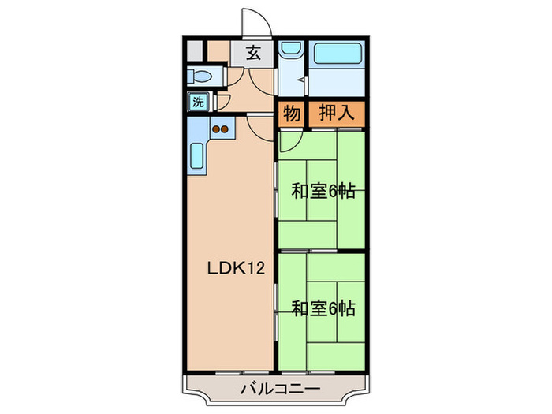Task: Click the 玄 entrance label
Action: pos(252,54)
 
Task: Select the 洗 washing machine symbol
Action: pos(198,102)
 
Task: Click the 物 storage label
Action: pos(291,115)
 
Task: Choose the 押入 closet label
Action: pos(336,115)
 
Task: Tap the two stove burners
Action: pos(219,128)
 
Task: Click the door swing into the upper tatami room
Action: pos(288,140)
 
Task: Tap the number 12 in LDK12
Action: pos(255,267)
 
